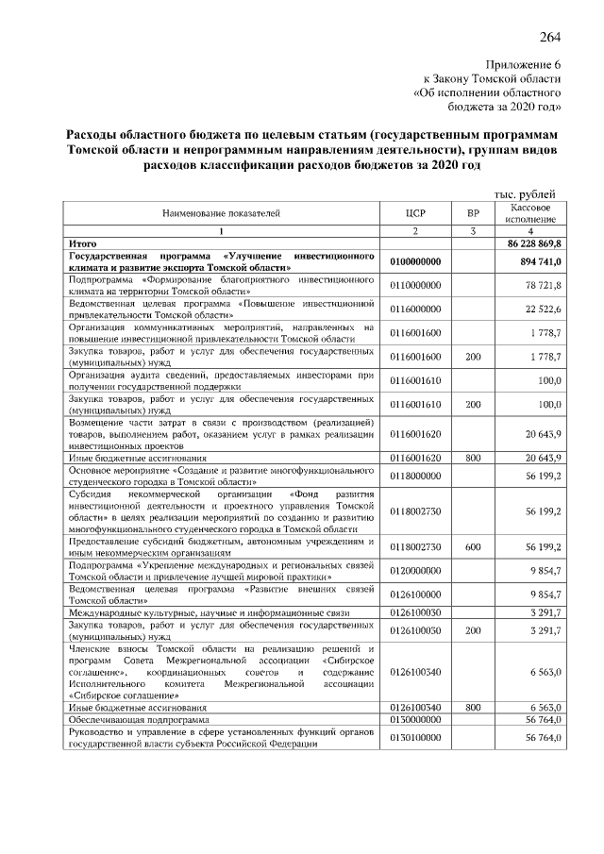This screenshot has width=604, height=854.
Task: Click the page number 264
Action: click(x=550, y=38)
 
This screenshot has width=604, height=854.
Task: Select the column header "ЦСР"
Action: click(x=416, y=214)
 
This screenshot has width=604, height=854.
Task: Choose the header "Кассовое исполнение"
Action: click(x=531, y=213)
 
